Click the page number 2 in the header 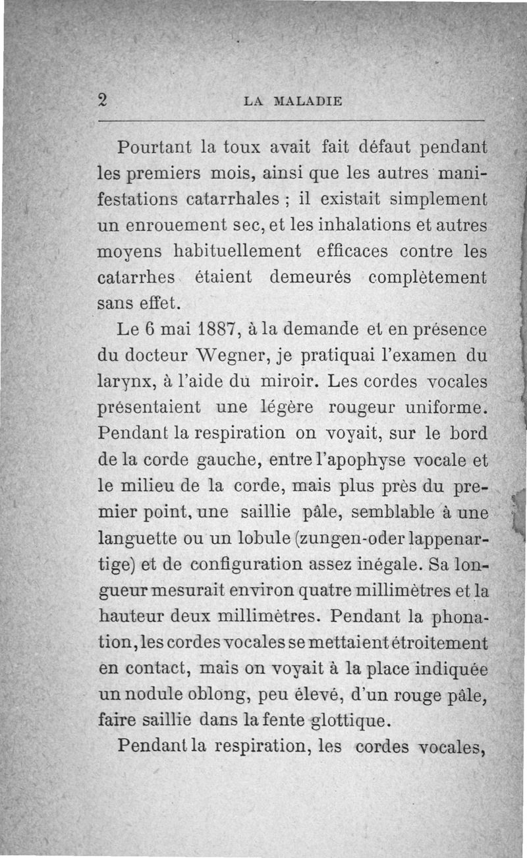103,100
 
